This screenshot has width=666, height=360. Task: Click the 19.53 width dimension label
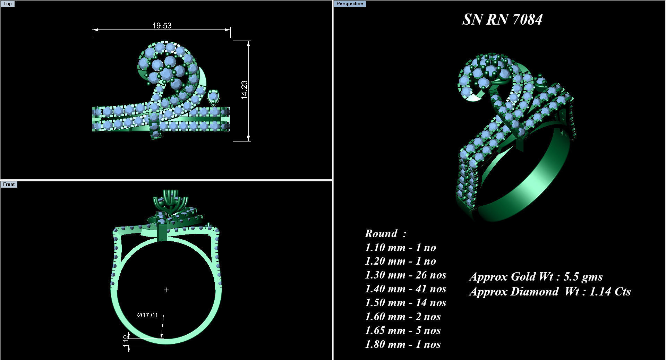click(162, 26)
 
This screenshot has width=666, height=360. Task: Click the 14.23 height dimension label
click(244, 90)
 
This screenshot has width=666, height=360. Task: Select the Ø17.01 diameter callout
click(147, 315)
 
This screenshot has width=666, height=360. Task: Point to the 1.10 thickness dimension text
click(126, 341)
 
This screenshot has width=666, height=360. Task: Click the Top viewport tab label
click(7, 4)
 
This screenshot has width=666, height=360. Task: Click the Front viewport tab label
click(9, 185)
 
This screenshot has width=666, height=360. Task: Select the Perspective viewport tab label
click(349, 4)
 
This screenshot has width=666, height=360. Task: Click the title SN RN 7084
click(502, 19)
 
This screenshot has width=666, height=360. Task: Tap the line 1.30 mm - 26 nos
click(405, 275)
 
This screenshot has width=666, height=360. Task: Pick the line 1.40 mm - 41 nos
click(405, 289)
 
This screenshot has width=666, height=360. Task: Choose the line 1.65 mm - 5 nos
click(402, 331)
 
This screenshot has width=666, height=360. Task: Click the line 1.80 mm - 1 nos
click(402, 344)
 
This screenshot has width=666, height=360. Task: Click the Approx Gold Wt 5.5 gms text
click(536, 277)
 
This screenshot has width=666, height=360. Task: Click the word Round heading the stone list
click(381, 234)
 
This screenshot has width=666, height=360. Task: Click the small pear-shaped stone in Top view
click(213, 97)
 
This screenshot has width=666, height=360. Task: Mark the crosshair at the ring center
click(166, 290)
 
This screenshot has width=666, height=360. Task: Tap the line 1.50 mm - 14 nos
click(405, 303)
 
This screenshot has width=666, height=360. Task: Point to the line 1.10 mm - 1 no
click(400, 248)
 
